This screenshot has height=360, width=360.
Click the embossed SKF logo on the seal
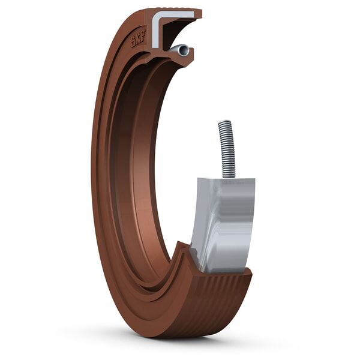(x=139, y=38)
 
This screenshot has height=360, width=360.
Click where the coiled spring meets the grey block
(x=229, y=176)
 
